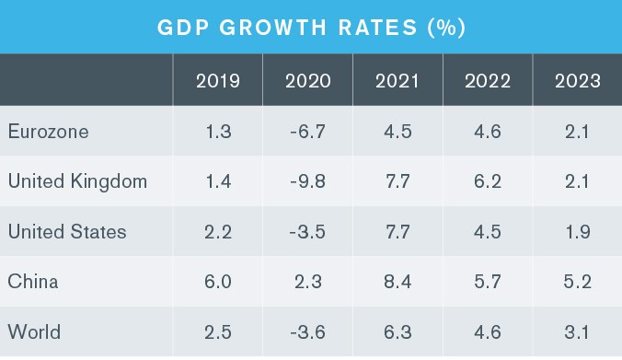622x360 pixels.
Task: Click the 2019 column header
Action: [x=218, y=81]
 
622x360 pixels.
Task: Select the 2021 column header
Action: [x=397, y=81]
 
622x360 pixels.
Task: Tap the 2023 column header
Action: [x=577, y=81]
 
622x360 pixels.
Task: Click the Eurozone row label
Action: [x=48, y=132]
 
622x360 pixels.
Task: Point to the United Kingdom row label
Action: [x=77, y=181]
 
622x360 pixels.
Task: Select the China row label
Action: [x=33, y=282]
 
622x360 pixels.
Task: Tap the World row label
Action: [x=34, y=331]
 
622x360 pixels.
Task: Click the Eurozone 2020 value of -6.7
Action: [x=307, y=132]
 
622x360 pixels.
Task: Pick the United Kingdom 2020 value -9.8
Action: [x=307, y=181]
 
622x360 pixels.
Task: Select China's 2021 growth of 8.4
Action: [x=397, y=282]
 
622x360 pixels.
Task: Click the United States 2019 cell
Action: [x=218, y=232]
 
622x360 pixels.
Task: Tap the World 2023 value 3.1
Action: [x=577, y=331]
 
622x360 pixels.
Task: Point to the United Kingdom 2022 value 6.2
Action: [x=488, y=181]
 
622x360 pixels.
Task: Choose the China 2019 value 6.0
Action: [x=218, y=282]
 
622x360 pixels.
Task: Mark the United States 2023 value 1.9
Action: [x=578, y=232]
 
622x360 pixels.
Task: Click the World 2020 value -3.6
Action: [x=307, y=331]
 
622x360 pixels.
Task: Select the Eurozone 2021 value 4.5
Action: [x=397, y=132]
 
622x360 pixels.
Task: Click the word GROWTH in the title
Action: [x=273, y=28]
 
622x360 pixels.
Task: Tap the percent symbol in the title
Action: [x=446, y=28]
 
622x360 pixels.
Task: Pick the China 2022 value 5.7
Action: [x=488, y=282]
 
